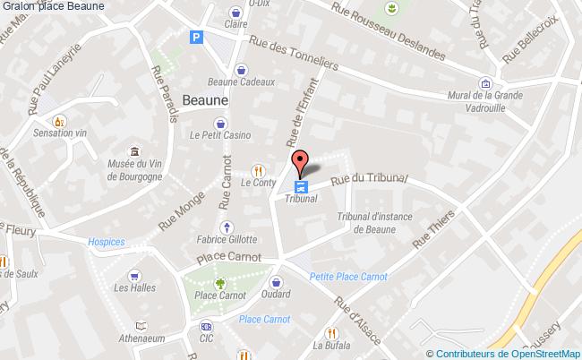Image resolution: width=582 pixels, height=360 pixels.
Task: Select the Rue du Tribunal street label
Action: tap(369, 179)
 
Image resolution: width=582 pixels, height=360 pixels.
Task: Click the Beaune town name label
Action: tap(205, 100)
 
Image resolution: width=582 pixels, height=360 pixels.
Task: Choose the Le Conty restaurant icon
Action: tap(259, 169)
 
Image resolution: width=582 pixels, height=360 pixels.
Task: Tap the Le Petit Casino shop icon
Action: tap(219, 124)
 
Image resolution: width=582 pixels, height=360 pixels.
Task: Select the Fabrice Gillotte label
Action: tap(227, 240)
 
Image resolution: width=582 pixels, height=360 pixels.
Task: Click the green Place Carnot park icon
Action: tap(207, 282)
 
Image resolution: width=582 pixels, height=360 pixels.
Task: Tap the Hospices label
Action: tap(107, 241)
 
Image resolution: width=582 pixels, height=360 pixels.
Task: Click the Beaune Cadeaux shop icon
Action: tap(241, 70)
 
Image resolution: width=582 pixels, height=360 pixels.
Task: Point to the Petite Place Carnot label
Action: tap(348, 277)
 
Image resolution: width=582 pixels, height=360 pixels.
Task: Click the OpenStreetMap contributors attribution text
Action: tap(503, 353)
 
